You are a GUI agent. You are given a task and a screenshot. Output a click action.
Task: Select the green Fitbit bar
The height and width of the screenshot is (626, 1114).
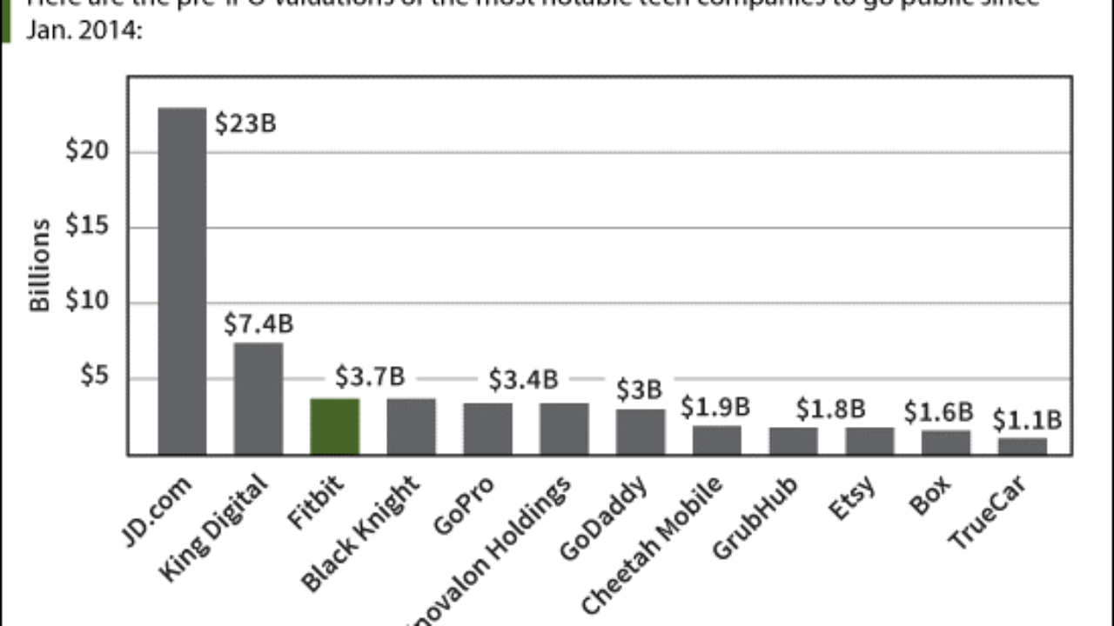(335, 426)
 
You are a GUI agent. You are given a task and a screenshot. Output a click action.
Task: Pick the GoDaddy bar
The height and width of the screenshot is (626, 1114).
(641, 431)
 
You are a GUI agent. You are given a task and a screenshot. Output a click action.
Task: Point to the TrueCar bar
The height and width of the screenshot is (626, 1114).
(1023, 446)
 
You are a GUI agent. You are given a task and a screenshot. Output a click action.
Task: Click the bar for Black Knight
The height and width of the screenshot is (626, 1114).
(412, 426)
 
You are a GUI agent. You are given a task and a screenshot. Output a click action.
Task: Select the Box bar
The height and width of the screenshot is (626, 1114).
(946, 442)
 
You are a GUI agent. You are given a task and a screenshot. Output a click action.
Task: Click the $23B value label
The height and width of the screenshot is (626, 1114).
(245, 123)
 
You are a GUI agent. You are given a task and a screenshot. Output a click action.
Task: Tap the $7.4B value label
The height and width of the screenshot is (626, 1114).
(258, 324)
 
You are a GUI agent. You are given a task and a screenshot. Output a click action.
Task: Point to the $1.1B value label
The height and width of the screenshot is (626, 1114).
(1027, 420)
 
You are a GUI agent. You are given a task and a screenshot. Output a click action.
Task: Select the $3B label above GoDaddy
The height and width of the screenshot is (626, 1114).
(640, 390)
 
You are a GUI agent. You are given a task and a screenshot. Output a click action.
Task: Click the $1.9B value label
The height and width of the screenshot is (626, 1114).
(716, 406)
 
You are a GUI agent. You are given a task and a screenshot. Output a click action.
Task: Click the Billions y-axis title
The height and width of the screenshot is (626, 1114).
(40, 266)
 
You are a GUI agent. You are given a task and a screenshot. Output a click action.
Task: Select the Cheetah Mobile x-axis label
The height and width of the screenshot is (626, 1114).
(653, 543)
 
